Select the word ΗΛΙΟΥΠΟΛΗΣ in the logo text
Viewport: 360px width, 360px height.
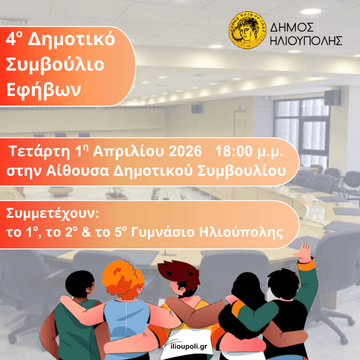point(306,41)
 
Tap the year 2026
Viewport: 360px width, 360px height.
point(185,149)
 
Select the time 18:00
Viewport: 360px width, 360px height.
point(237,149)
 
